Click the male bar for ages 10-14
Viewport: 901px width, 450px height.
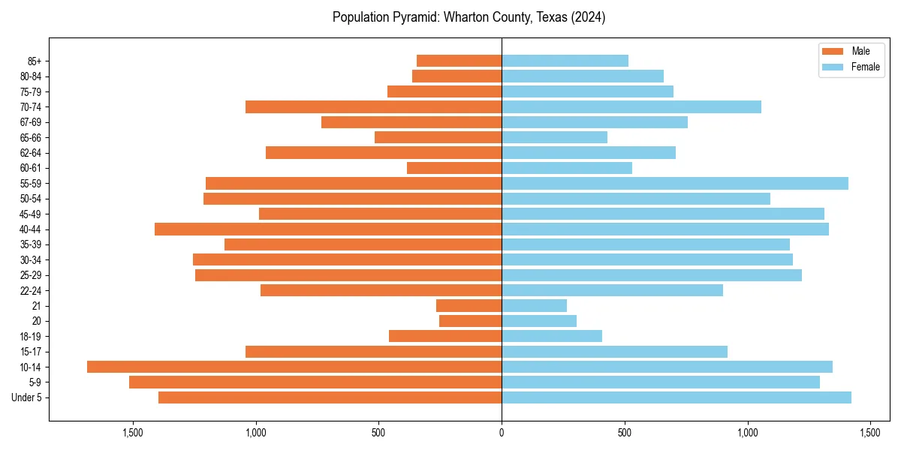click(294, 367)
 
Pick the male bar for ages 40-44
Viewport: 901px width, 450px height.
click(328, 229)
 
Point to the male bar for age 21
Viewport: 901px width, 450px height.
click(469, 306)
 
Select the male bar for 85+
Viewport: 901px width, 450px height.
click(459, 61)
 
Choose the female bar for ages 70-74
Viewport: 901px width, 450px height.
click(631, 106)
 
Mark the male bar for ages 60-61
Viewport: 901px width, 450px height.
click(454, 168)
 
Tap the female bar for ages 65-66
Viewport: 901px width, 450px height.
click(554, 137)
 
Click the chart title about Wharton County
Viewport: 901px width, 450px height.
click(469, 17)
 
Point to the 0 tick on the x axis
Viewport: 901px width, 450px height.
click(502, 433)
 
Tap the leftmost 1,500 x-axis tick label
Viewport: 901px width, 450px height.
click(133, 433)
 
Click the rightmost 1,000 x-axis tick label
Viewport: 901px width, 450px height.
click(747, 433)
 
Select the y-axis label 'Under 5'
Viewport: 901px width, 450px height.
click(26, 397)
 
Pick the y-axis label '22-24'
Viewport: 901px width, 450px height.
click(31, 290)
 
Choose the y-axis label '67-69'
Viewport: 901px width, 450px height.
click(31, 122)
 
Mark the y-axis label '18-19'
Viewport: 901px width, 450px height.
click(31, 336)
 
